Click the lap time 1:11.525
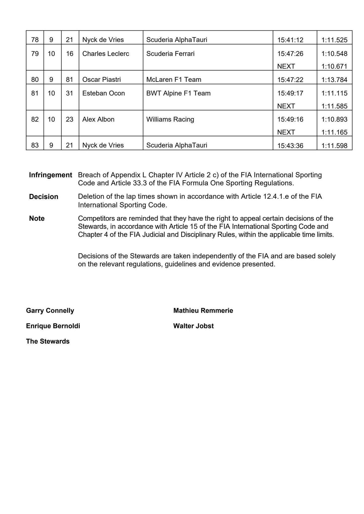pos(334,40)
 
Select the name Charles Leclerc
pos(106,54)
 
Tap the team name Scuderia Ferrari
pos(170,54)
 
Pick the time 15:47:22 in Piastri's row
pos(290,80)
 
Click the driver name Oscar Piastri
pos(101,80)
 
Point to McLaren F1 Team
pos(174,80)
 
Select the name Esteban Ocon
pos(104,93)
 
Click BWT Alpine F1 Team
pos(178,93)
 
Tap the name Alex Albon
pos(98,119)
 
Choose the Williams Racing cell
pos(170,119)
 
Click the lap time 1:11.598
pos(334,146)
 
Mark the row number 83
pos(35,145)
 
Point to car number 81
pos(70,80)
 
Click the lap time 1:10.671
pos(334,67)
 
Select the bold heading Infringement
pos(51,175)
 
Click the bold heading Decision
pos(43,197)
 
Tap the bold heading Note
pos(37,219)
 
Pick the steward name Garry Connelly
pos(50,311)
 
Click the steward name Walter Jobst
pos(193,326)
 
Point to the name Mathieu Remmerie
pos(203,311)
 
